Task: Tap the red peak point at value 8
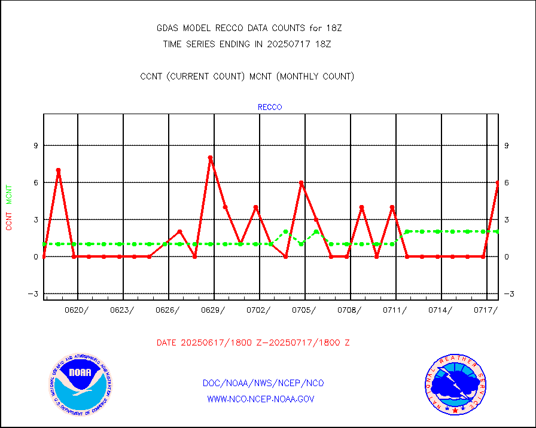pyautogui.click(x=210, y=158)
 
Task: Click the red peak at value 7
pyautogui.click(x=58, y=170)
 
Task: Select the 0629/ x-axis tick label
pyautogui.click(x=213, y=310)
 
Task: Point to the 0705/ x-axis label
pyautogui.click(x=304, y=310)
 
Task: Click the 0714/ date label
pyautogui.click(x=440, y=310)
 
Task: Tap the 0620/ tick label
pyautogui.click(x=77, y=310)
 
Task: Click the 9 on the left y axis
pyautogui.click(x=35, y=145)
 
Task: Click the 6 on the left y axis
pyautogui.click(x=35, y=182)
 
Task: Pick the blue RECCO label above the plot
pyautogui.click(x=270, y=108)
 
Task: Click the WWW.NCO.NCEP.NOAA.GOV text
pyautogui.click(x=261, y=399)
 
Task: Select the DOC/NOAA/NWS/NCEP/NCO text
pyautogui.click(x=263, y=383)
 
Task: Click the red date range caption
pyautogui.click(x=253, y=343)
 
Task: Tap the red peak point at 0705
pyautogui.click(x=301, y=183)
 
